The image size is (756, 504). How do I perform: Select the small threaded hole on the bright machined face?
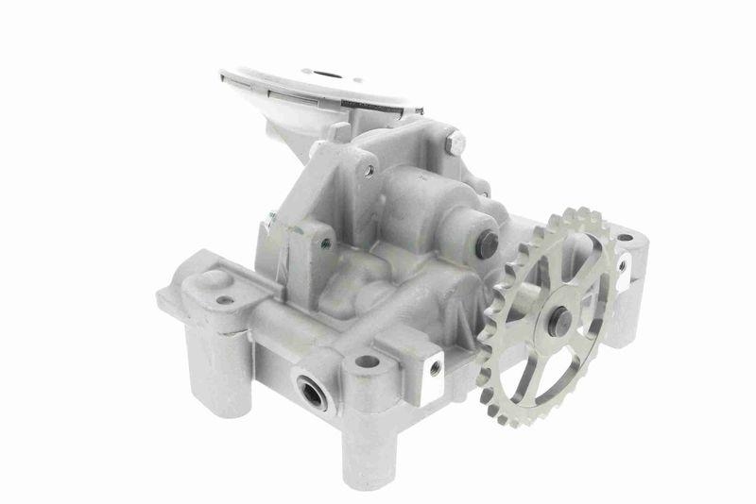[x=435, y=368]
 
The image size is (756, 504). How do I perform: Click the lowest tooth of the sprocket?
[x=525, y=423]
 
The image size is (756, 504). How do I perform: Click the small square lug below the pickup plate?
[x=338, y=131]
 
